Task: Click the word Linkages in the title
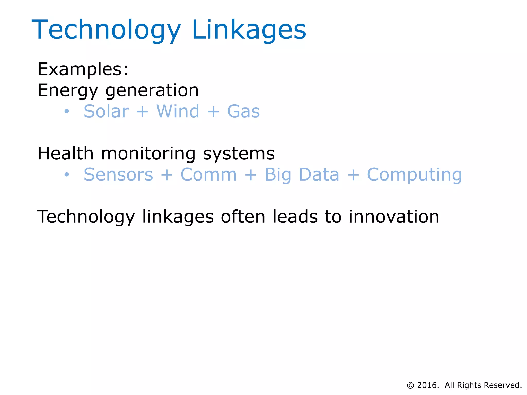pyautogui.click(x=249, y=30)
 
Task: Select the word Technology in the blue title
pyautogui.click(x=106, y=30)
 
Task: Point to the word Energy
pyautogui.click(x=68, y=91)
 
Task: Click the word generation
pyautogui.click(x=152, y=91)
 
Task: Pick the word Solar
pyautogui.click(x=106, y=111)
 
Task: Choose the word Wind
pyautogui.click(x=178, y=111)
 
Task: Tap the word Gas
pyautogui.click(x=243, y=111)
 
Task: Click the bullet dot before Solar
pyautogui.click(x=67, y=111)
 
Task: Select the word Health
pyautogui.click(x=65, y=154)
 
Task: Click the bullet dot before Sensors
pyautogui.click(x=67, y=175)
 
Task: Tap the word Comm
pyautogui.click(x=208, y=175)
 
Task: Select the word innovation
pyautogui.click(x=394, y=217)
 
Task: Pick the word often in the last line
pyautogui.click(x=243, y=217)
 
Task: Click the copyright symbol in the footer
pyautogui.click(x=410, y=385)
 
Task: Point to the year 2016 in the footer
pyautogui.click(x=428, y=385)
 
